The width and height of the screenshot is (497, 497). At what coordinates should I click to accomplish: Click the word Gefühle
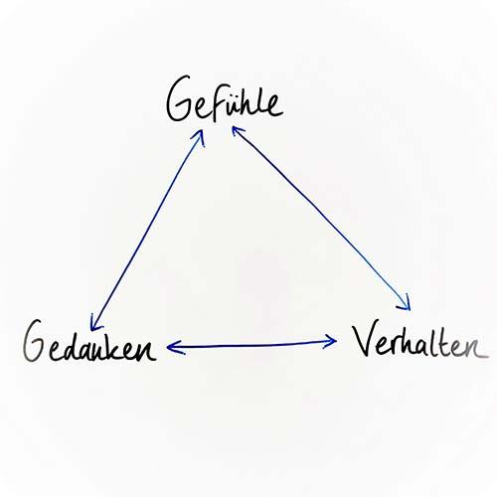pos(224,99)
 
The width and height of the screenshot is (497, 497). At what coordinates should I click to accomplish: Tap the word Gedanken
pos(89,341)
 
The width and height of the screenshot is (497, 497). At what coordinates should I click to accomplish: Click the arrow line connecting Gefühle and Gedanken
pos(146,230)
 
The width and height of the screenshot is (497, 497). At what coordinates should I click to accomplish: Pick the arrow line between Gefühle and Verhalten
pos(321,218)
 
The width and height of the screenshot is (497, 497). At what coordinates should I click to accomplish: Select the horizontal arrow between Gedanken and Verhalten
pos(251,345)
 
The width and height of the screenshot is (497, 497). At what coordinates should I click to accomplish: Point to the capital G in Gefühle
pos(179,98)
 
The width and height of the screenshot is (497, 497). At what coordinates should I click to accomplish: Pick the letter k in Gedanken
pos(117,346)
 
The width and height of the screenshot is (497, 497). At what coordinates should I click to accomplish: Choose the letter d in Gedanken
pos(69,346)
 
